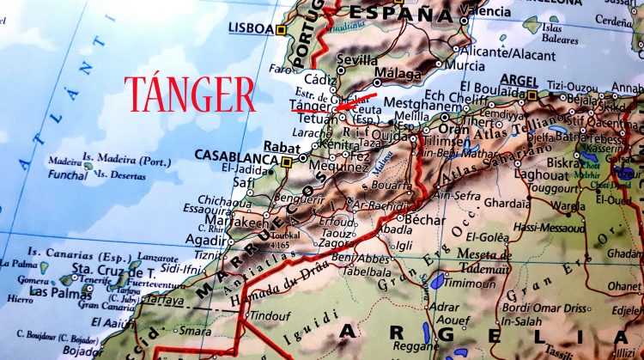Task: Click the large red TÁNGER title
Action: pyautogui.click(x=190, y=94)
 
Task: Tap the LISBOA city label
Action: pyautogui.click(x=251, y=27)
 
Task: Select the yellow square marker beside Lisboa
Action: pyautogui.click(x=281, y=30)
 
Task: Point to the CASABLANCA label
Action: pyautogui.click(x=234, y=156)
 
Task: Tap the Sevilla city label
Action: pyautogui.click(x=357, y=60)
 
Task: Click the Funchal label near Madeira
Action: pyautogui.click(x=68, y=174)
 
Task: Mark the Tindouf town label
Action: pyautogui.click(x=271, y=315)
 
